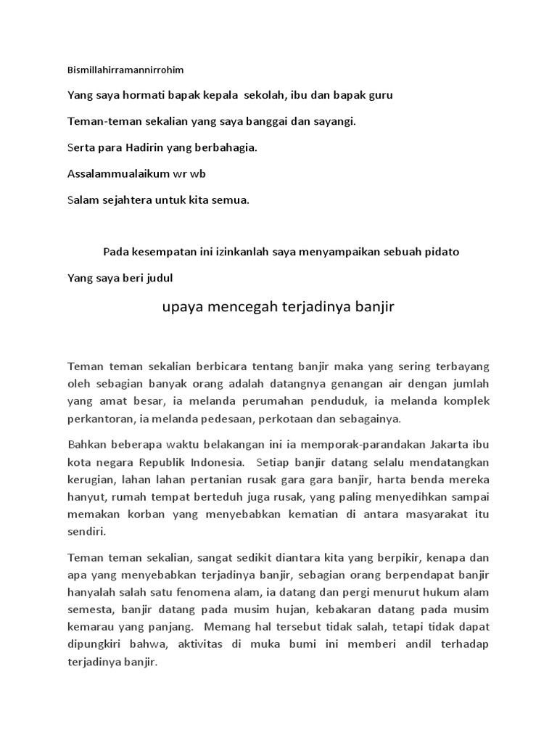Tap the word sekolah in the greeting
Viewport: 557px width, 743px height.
click(264, 96)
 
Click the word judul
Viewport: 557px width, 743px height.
click(158, 277)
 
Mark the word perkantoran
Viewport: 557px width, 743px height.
click(99, 419)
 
